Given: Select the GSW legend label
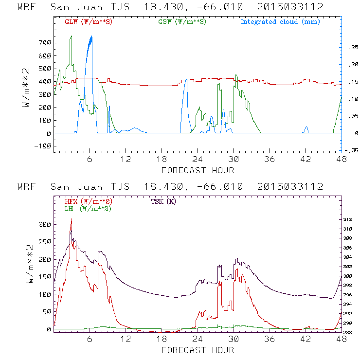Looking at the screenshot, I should [x=182, y=22].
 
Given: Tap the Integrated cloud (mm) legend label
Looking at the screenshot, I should [x=280, y=22].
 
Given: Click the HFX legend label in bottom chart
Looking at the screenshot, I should [x=88, y=201].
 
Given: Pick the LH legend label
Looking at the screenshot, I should [x=88, y=208].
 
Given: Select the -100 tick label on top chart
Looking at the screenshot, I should [x=42, y=146].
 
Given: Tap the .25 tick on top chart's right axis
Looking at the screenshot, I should [x=352, y=48].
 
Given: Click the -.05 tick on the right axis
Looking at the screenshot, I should [x=351, y=151].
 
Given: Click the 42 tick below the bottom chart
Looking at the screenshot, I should [x=306, y=339].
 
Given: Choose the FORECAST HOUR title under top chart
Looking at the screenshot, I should [x=198, y=170].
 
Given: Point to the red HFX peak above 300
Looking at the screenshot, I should [x=72, y=219].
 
